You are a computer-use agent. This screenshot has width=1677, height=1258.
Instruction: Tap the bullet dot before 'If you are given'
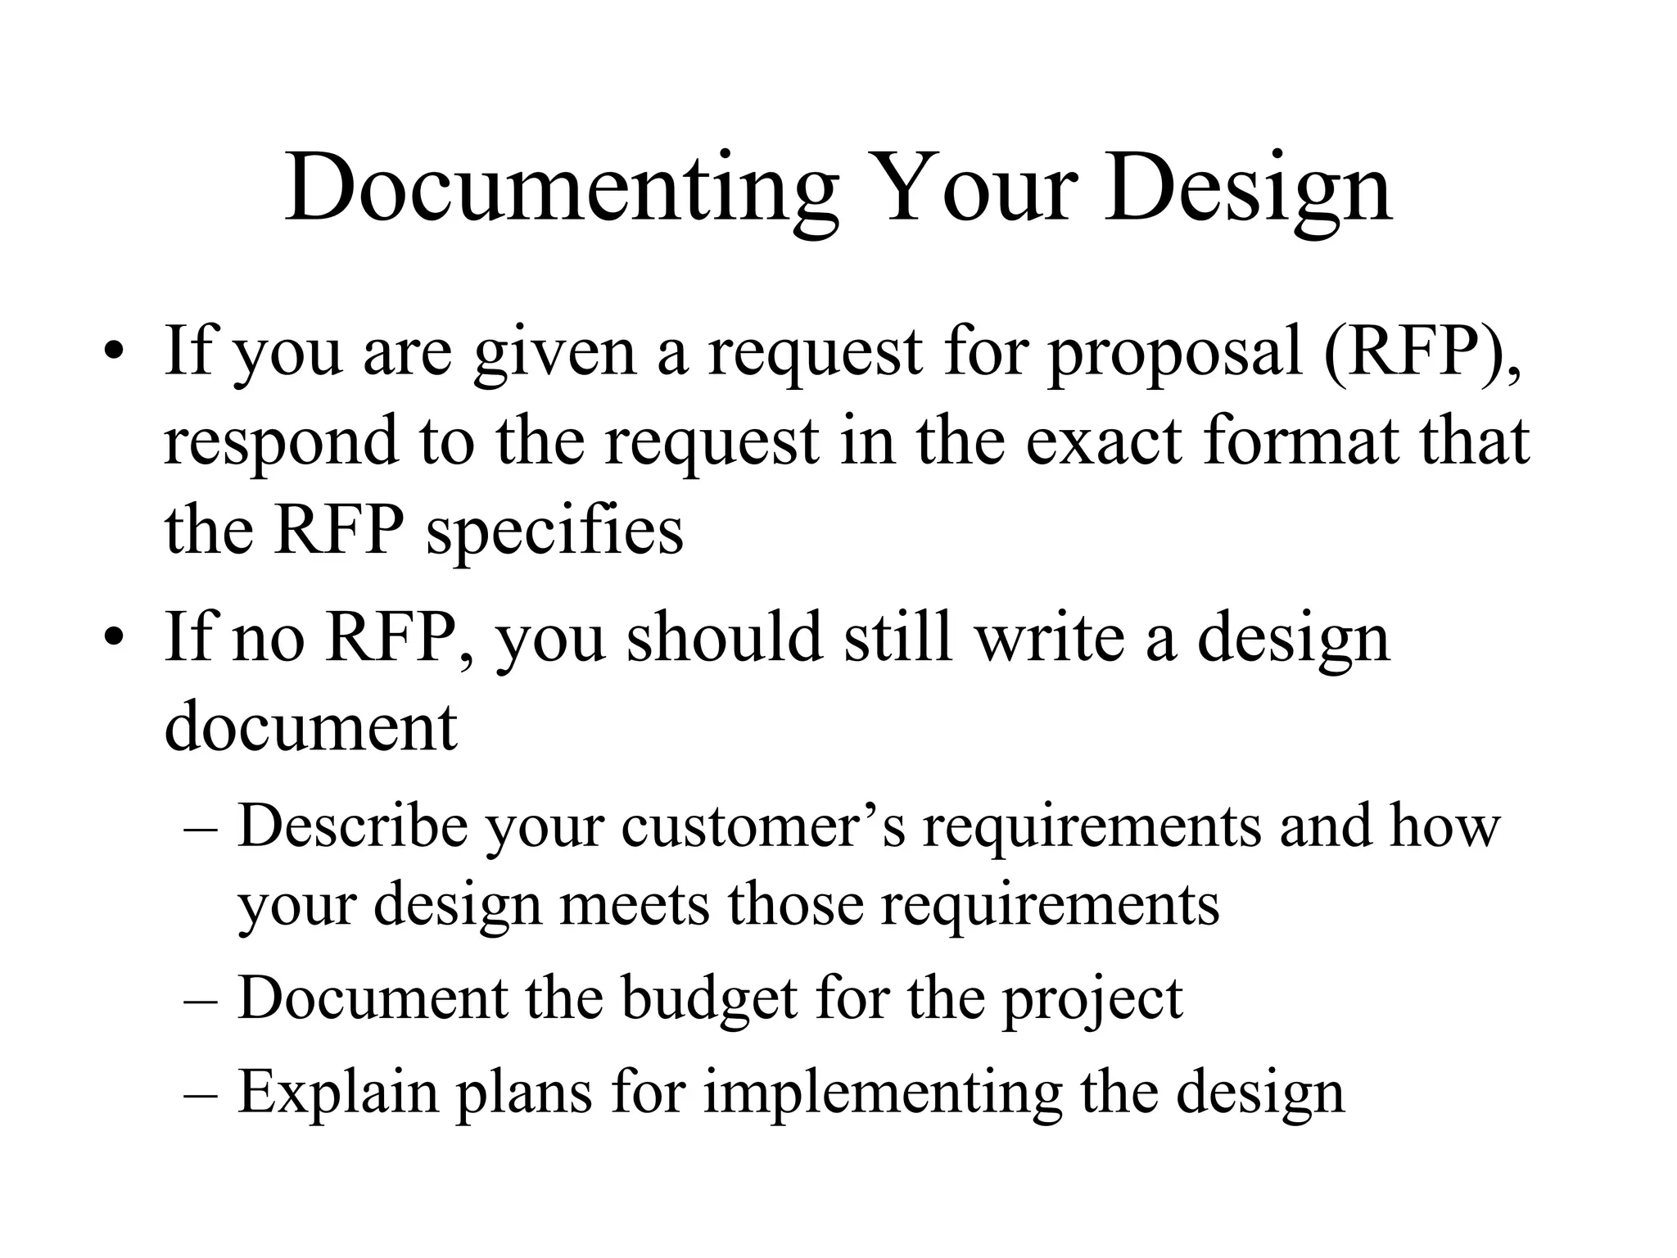(114, 354)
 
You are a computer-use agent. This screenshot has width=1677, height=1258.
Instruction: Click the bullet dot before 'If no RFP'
(114, 640)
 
